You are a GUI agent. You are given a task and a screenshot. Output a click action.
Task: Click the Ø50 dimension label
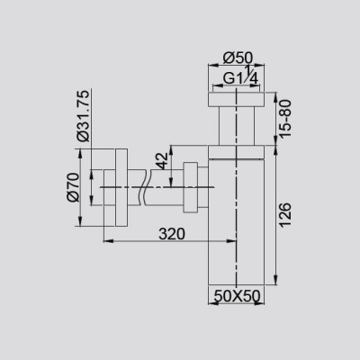coord(238,58)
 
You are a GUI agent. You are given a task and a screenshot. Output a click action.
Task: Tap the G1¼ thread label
coord(240,76)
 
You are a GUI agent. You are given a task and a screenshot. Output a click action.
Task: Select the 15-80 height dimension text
coord(284,119)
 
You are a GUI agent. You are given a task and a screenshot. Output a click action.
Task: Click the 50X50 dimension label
coord(237,296)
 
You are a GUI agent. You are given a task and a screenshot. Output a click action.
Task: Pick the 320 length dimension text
coord(172,234)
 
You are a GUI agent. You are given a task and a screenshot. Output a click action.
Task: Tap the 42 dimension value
coord(163,161)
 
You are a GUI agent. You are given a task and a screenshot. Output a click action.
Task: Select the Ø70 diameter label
coord(74,187)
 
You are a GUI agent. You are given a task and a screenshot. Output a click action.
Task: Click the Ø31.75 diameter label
coord(84,115)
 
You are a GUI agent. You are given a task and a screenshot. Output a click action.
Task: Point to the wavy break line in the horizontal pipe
coord(144,188)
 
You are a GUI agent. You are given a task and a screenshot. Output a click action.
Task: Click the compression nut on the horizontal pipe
coord(190,187)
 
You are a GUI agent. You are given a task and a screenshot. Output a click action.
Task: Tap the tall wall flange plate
coord(121,187)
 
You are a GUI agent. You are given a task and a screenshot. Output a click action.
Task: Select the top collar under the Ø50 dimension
coord(236,100)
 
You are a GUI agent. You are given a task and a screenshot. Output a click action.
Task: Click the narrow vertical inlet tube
coord(237,126)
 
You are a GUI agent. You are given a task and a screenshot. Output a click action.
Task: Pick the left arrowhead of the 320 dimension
coord(108,240)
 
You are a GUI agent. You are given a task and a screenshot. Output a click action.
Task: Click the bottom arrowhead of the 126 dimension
coord(275,280)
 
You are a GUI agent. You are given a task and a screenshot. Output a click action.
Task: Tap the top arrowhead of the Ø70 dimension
coord(80,154)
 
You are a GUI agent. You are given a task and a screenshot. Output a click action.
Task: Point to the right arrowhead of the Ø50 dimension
coord(259,64)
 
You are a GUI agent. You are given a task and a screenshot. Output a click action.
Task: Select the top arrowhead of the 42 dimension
coord(171,150)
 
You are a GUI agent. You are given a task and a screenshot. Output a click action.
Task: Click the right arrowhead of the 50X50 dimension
coord(259,303)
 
